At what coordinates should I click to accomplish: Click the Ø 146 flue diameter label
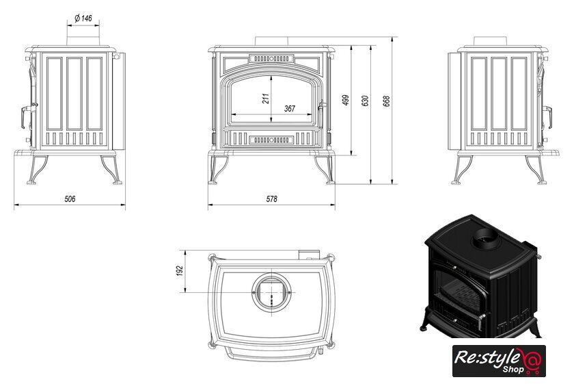83,18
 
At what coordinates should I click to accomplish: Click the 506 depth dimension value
70,199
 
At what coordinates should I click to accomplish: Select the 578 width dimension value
272,199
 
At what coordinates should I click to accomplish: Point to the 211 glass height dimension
265,99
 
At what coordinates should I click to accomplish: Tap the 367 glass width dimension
290,109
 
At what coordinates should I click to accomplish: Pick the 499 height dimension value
346,100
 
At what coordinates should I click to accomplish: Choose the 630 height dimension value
365,101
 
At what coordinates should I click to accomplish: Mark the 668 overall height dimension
386,101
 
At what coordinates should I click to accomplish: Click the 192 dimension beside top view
179,270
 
